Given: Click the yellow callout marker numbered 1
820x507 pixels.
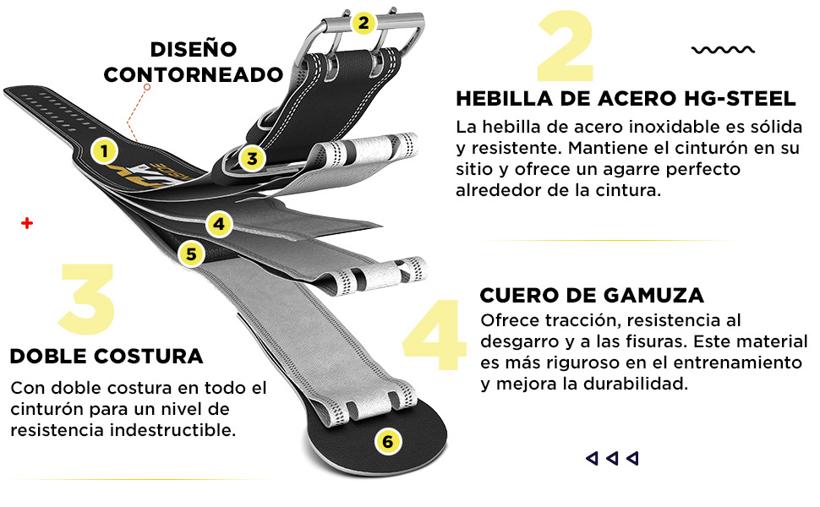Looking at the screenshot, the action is coord(104,151).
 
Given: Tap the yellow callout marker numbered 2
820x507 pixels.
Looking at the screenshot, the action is coord(363,23).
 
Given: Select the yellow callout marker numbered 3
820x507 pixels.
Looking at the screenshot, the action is coord(252,158).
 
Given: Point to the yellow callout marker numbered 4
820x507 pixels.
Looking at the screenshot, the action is coord(219,224).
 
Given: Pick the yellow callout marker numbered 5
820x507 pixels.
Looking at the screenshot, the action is coord(191,254).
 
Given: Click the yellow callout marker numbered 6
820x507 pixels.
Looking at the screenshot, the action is coord(387,442).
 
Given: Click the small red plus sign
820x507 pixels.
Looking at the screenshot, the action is coord(27,224).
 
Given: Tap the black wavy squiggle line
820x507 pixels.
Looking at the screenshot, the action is coord(724,50).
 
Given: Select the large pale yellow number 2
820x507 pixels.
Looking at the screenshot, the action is coord(566,47).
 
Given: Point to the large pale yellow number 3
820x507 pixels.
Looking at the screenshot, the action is coord(87,299).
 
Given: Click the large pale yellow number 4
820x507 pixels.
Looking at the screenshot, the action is coord(435,335).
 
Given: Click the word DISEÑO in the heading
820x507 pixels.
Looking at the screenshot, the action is coord(194,49).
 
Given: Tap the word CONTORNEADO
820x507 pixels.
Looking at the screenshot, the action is coord(194,74).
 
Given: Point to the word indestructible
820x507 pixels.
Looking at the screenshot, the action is coord(173,430).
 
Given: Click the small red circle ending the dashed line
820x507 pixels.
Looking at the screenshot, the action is coord(147,87).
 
